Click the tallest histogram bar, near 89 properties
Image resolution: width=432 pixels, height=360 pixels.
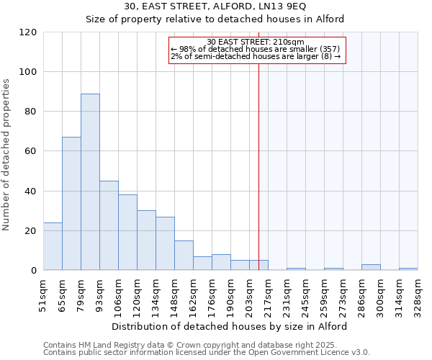pyautogui.click(x=90, y=181)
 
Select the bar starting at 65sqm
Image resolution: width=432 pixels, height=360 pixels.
pyautogui.click(x=71, y=203)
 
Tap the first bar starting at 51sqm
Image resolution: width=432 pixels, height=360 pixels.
pyautogui.click(x=53, y=246)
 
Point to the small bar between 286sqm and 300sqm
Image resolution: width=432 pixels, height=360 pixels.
pyautogui.click(x=371, y=267)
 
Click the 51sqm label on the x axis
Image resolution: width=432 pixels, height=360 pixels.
pyautogui.click(x=43, y=294)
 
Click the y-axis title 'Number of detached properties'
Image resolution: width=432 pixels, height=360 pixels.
pyautogui.click(x=7, y=155)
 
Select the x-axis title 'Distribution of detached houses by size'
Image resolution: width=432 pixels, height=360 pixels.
pyautogui.click(x=230, y=326)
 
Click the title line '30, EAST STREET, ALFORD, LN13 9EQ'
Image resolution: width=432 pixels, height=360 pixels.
pyautogui.click(x=215, y=6)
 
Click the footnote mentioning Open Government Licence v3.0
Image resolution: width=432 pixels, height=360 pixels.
pyautogui.click(x=206, y=352)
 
